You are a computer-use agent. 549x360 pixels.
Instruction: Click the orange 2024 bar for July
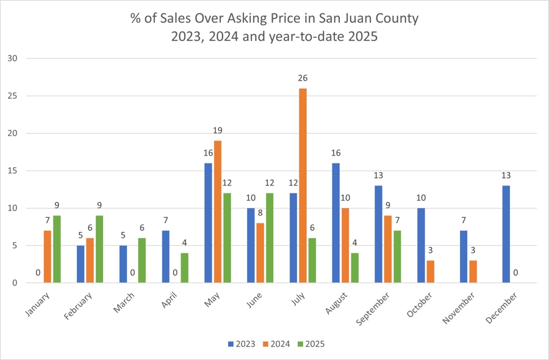[x=303, y=185]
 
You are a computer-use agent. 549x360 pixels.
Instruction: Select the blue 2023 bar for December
[x=506, y=234]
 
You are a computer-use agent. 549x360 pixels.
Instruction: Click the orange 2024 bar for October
[x=431, y=272]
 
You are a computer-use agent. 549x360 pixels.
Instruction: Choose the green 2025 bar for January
[x=57, y=249]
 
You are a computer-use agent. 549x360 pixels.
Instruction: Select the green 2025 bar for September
[x=396, y=257]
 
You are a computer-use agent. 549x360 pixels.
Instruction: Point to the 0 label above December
[x=516, y=273]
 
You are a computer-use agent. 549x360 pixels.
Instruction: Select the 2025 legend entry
[x=310, y=344]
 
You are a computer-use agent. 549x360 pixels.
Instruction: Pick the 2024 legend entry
[x=276, y=344]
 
